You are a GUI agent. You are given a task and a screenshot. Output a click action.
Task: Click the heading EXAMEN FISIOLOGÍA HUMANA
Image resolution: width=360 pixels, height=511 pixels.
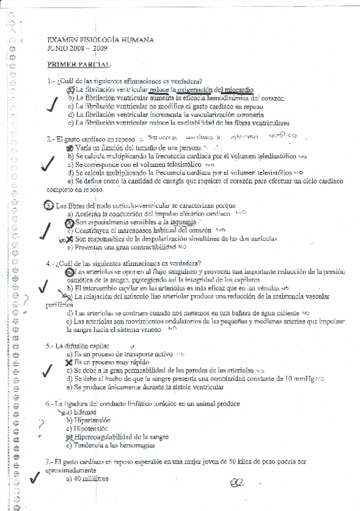(x=99, y=40)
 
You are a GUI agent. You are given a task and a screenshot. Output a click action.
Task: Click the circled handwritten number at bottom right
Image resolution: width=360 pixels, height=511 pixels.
(x=237, y=483)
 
